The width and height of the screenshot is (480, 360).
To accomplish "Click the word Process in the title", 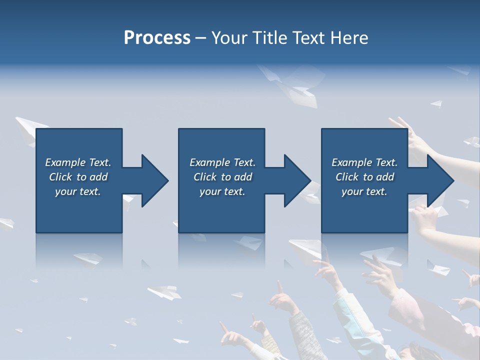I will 157,38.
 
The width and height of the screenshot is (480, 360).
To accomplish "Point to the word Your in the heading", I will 230,38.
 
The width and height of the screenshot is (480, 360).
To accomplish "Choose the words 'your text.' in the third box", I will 364,191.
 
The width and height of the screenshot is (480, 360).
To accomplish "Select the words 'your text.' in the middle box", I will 222,191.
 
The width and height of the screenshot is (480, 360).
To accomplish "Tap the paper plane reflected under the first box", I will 87,259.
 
